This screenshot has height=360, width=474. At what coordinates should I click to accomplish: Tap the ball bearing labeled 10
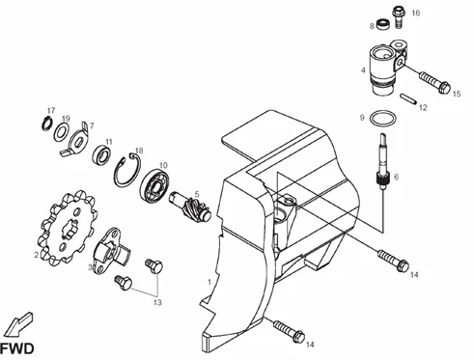click(x=154, y=185)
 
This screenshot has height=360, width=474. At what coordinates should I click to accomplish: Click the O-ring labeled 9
click(x=371, y=119)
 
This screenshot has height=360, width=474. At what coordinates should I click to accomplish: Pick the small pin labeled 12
click(x=408, y=98)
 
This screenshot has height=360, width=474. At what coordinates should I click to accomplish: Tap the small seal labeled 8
click(x=383, y=23)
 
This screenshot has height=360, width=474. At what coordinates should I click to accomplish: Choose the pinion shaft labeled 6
click(x=383, y=163)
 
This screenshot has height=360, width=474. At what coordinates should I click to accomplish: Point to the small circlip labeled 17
click(x=43, y=123)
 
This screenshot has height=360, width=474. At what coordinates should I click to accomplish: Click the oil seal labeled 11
click(x=102, y=153)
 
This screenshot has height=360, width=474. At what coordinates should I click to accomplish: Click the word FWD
click(x=17, y=348)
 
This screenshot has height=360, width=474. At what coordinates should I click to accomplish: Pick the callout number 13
click(x=157, y=303)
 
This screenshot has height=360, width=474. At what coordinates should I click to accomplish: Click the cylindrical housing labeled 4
click(x=382, y=70)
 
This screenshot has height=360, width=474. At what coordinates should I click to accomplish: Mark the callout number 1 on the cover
click(x=209, y=282)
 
